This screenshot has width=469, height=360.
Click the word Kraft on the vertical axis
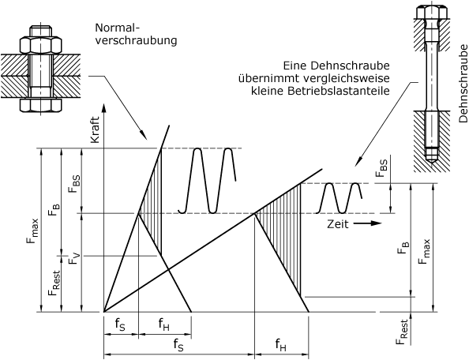[x=95, y=129]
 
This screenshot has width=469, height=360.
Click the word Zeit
[x=338, y=224]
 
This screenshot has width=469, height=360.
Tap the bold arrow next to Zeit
[x=368, y=223]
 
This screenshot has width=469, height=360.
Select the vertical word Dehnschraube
[x=463, y=84]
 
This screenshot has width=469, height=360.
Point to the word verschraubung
[x=136, y=41]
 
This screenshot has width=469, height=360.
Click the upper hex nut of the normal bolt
[x=41, y=45]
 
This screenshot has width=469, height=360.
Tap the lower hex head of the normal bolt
[x=41, y=106]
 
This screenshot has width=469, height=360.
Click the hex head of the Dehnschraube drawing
[x=432, y=11]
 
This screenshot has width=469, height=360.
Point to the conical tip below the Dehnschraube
[x=432, y=160]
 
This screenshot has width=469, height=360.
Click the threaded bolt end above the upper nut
[x=41, y=32]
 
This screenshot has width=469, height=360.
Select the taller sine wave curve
[x=207, y=181]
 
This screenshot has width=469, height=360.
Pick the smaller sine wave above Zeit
[x=340, y=197]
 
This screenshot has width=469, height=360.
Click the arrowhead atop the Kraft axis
[x=104, y=100]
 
